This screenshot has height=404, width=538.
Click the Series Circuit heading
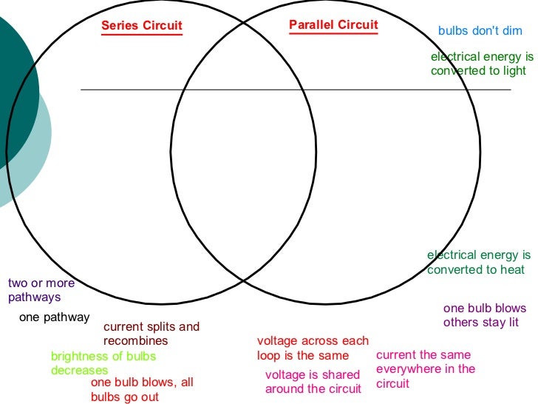click(x=142, y=26)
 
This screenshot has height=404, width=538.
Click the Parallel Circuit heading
click(x=333, y=24)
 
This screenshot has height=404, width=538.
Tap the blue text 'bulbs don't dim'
click(x=480, y=31)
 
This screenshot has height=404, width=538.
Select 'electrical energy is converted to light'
click(x=482, y=64)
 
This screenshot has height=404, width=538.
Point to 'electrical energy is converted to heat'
click(x=478, y=263)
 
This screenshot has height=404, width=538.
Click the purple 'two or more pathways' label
click(x=41, y=290)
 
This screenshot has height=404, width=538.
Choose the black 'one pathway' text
click(x=54, y=317)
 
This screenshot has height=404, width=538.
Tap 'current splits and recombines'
click(x=151, y=334)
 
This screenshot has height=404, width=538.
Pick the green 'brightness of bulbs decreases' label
click(x=103, y=363)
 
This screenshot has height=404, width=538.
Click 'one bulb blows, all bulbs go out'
click(x=142, y=390)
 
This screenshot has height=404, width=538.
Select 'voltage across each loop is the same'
click(x=312, y=349)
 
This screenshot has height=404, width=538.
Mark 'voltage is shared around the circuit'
click(x=313, y=382)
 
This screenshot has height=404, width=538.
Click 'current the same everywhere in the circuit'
click(x=426, y=369)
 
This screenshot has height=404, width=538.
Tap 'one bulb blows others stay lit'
click(x=485, y=315)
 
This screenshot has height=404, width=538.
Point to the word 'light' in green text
click(x=513, y=71)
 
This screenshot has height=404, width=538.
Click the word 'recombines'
click(x=135, y=341)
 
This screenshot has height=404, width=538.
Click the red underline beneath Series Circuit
click(x=142, y=35)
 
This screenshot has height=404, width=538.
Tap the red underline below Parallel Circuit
click(x=333, y=33)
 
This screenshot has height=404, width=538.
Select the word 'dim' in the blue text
click(x=511, y=31)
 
